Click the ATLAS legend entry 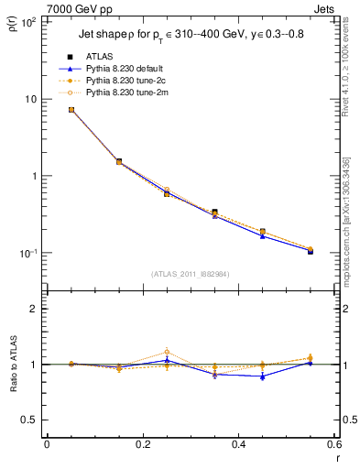(x=101, y=57)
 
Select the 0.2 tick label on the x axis (x=142, y=444)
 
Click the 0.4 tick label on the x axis (x=238, y=444)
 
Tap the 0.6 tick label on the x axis (x=333, y=444)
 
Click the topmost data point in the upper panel (x=71, y=110)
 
